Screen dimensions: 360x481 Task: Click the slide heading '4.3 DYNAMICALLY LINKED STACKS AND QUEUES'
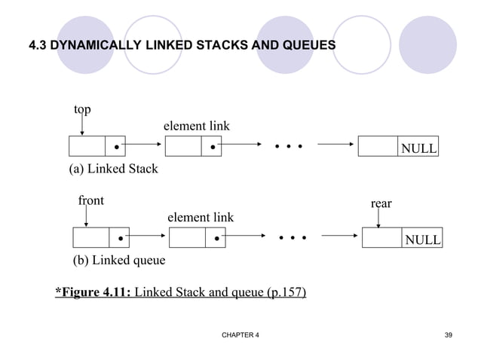(182, 47)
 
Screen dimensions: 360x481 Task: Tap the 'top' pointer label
(82, 110)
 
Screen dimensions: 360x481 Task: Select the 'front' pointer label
(90, 201)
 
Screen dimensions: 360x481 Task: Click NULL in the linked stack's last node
(418, 148)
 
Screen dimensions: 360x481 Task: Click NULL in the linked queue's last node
(423, 239)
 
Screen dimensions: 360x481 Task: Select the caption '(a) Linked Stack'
(114, 169)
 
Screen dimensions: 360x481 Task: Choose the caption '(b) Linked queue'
(118, 261)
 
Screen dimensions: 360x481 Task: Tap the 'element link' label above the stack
(197, 126)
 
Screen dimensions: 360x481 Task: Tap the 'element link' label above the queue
(200, 218)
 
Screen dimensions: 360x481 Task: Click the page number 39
(449, 334)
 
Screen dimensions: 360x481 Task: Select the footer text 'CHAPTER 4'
(235, 334)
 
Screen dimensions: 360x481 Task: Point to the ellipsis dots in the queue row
(293, 239)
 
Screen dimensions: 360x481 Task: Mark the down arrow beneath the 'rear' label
(378, 218)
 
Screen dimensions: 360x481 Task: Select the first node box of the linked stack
(97, 147)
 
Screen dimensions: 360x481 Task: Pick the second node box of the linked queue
(197, 238)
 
